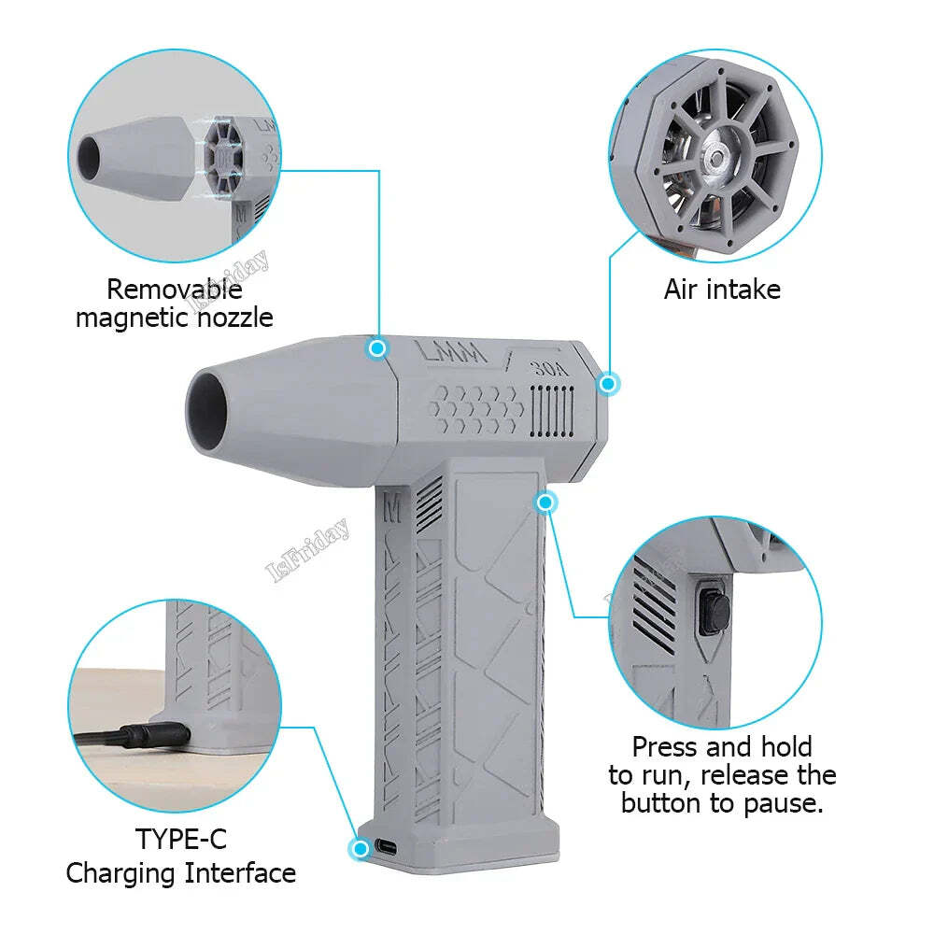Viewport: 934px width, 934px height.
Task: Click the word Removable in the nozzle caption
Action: point(174,289)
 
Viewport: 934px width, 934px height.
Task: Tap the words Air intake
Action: point(722,289)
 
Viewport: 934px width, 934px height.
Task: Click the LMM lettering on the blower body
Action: point(451,355)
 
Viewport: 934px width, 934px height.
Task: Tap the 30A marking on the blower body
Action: point(550,366)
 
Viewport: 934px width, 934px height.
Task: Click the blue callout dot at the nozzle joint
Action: point(377,348)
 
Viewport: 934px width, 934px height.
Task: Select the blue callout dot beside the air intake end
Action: point(608,383)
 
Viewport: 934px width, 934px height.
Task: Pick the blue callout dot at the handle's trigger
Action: point(546,502)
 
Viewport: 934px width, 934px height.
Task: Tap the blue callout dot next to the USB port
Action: point(359,848)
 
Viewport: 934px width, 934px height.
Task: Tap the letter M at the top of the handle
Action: point(392,508)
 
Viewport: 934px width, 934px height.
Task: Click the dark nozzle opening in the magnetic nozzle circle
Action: point(98,153)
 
